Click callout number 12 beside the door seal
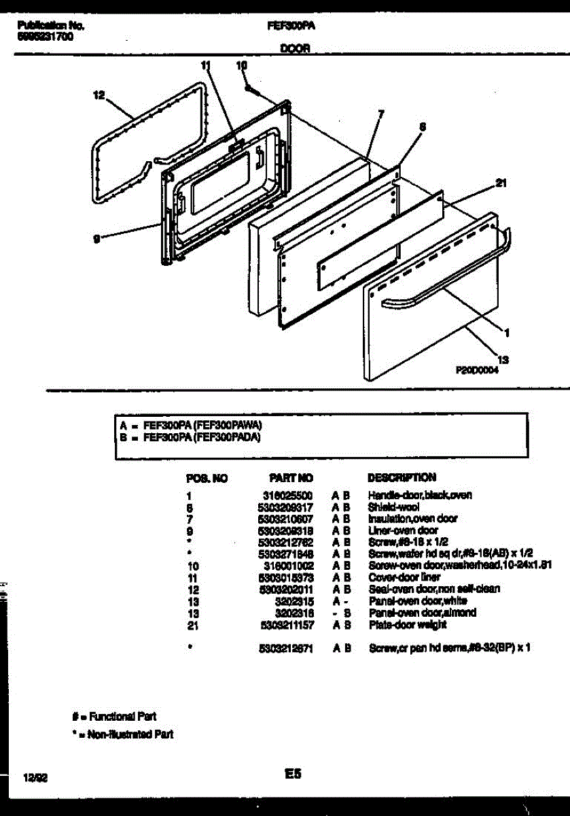(x=99, y=96)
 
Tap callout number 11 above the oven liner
(x=207, y=66)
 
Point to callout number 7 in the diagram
(x=380, y=114)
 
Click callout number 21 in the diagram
(x=501, y=182)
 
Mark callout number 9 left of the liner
(x=98, y=238)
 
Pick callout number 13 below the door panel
(x=503, y=359)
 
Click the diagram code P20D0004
(x=477, y=371)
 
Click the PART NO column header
(x=291, y=478)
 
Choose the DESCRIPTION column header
(x=402, y=477)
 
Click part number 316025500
(x=287, y=496)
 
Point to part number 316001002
(x=287, y=566)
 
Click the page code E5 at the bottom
(x=293, y=774)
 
